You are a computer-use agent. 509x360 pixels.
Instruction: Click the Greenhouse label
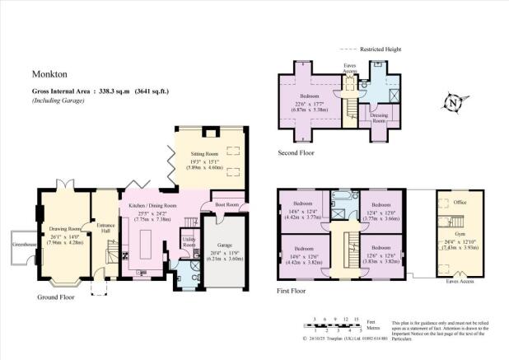click(21, 244)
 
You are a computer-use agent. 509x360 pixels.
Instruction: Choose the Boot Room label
click(226, 204)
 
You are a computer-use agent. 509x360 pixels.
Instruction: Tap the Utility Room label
click(188, 243)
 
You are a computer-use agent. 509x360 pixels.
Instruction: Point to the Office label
click(450, 202)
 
